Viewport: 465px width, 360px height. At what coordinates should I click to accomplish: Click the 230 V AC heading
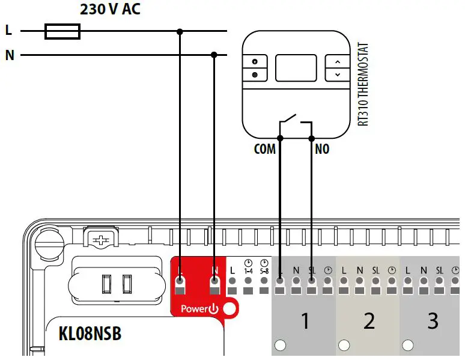pyautogui.click(x=110, y=10)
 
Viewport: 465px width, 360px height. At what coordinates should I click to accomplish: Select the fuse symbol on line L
pyautogui.click(x=62, y=31)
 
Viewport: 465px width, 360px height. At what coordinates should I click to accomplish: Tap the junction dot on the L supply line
pyautogui.click(x=180, y=31)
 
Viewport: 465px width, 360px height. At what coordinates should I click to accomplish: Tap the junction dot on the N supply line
pyautogui.click(x=214, y=55)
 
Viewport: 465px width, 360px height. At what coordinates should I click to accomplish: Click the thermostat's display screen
pyautogui.click(x=296, y=68)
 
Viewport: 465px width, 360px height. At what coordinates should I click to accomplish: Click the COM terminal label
pyautogui.click(x=264, y=149)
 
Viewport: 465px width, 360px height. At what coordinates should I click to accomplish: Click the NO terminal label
pyautogui.click(x=322, y=149)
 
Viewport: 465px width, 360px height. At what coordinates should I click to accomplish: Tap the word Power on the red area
pyautogui.click(x=194, y=310)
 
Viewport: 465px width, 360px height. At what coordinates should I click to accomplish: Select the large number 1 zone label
pyautogui.click(x=305, y=321)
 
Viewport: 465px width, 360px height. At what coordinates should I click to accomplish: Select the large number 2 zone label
pyautogui.click(x=368, y=321)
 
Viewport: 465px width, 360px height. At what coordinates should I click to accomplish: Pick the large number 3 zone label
pyautogui.click(x=433, y=321)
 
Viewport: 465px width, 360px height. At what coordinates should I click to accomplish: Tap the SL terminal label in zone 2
pyautogui.click(x=375, y=271)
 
